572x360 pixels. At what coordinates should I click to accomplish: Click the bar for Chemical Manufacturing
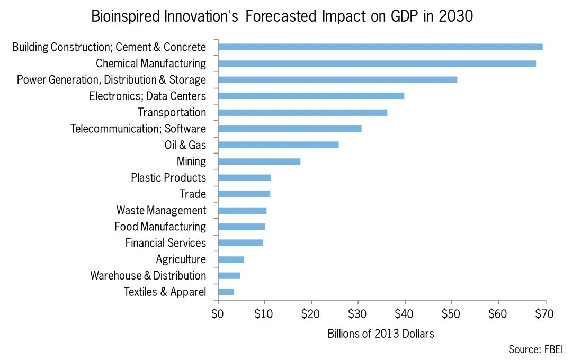tap(377, 64)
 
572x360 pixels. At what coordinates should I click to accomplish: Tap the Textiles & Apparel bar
tap(226, 292)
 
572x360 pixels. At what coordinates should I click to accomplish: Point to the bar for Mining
tap(259, 161)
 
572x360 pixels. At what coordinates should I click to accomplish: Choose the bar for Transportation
tap(302, 113)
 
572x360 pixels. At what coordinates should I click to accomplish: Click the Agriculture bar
tap(231, 259)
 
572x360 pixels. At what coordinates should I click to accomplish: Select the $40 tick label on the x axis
tap(405, 314)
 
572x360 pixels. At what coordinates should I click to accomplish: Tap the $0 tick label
tap(217, 314)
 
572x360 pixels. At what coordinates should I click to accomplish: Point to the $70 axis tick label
tap(544, 314)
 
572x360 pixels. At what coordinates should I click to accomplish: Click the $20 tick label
tap(311, 314)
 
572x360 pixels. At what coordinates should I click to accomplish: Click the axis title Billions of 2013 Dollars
tap(381, 334)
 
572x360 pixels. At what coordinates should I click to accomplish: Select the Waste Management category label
tap(161, 210)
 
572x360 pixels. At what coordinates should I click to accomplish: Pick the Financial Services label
tap(165, 243)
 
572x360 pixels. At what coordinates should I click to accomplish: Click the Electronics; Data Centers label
tap(147, 96)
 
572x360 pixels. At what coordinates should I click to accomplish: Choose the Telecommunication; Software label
tap(138, 129)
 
